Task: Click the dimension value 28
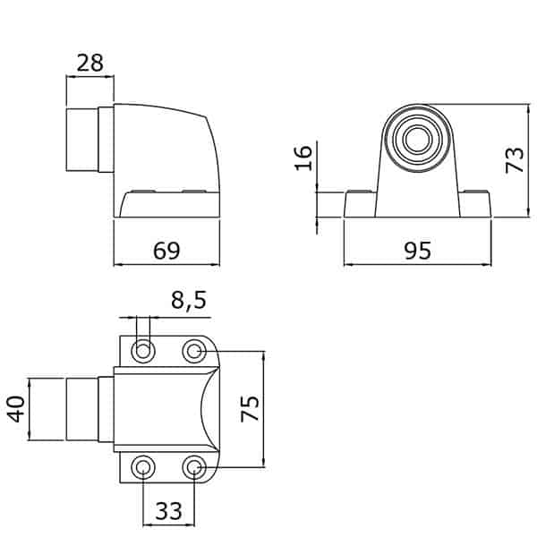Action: (x=89, y=63)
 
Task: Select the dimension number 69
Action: (x=166, y=251)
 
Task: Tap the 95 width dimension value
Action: (x=417, y=251)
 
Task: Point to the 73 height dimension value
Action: (x=516, y=160)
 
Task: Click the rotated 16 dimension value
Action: (x=303, y=158)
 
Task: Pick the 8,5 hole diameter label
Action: (x=189, y=301)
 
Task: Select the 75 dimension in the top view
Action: (x=250, y=409)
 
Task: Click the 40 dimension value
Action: (x=16, y=409)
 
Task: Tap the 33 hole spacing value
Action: (x=168, y=511)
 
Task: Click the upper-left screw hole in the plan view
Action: (x=143, y=351)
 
